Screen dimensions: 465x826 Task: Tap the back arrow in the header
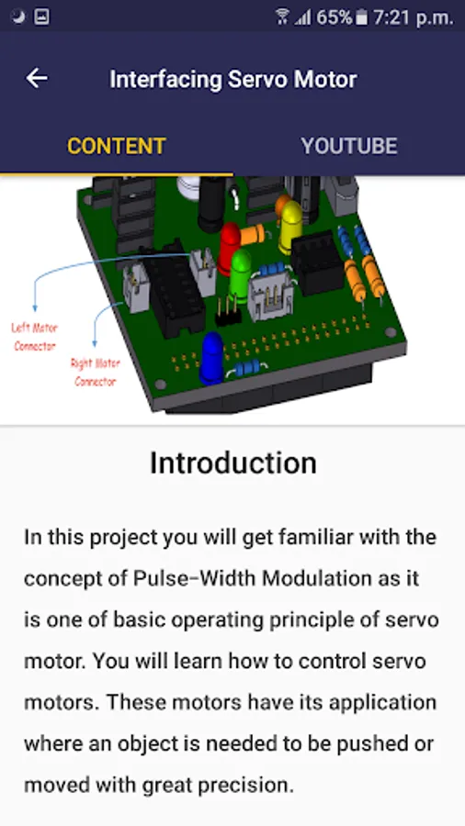click(37, 79)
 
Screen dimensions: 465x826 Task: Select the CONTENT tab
click(117, 146)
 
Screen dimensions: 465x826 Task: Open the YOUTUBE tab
click(349, 146)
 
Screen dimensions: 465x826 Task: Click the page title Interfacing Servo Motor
click(233, 80)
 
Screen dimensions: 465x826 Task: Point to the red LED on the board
click(230, 247)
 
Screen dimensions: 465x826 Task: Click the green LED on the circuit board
click(241, 275)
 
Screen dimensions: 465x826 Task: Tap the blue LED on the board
click(211, 357)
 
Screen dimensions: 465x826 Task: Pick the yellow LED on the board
click(290, 226)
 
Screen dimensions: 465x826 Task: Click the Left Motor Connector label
click(35, 337)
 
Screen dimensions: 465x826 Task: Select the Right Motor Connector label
click(96, 372)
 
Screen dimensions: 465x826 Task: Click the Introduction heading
click(233, 463)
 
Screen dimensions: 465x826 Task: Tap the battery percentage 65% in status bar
click(334, 17)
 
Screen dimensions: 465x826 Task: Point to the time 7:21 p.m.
click(414, 17)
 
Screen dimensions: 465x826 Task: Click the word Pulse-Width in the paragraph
click(194, 578)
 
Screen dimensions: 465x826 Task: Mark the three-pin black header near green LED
click(228, 312)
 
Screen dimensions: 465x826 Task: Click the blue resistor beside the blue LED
click(246, 367)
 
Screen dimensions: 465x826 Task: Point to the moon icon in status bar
click(18, 17)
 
